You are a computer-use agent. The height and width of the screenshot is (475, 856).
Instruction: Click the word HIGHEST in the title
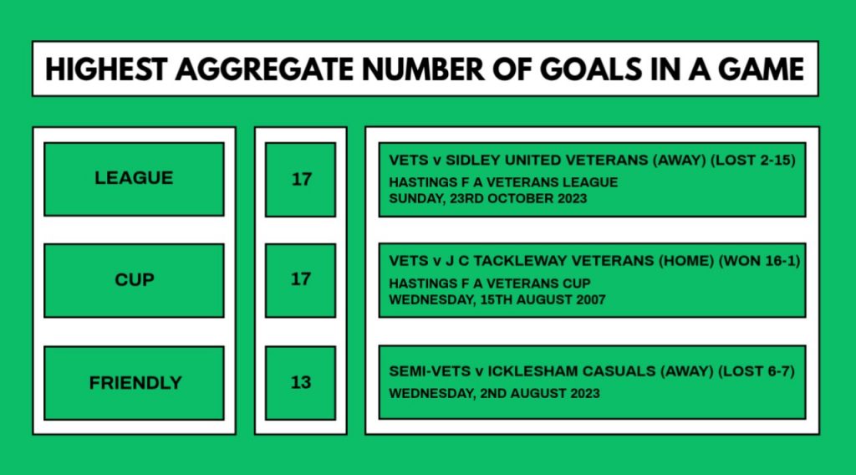106,70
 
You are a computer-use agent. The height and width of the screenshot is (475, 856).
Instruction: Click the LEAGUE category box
134,179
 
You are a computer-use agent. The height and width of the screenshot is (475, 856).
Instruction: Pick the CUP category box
134,281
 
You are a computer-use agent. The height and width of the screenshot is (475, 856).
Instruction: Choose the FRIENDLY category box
134,383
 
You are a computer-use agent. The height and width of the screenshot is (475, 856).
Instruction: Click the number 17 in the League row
301,179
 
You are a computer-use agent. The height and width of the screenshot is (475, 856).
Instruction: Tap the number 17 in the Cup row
301,279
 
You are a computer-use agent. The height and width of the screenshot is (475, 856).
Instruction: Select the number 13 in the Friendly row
301,382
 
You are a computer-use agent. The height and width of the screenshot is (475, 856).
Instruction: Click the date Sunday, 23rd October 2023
487,199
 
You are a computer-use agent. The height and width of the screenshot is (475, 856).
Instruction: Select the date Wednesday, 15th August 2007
497,299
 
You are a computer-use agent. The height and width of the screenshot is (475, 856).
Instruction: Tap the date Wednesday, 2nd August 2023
494,394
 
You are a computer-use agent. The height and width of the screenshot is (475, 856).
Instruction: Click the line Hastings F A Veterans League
503,182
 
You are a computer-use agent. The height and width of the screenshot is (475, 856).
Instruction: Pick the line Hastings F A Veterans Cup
490,283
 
